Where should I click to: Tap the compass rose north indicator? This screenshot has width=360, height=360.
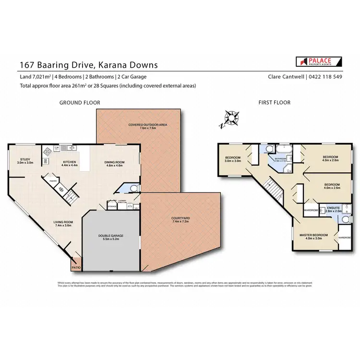tap(232, 118)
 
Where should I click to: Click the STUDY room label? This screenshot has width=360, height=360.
tap(25, 160)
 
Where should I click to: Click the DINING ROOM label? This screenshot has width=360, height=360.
tap(114, 162)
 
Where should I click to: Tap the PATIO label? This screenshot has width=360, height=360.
tap(75, 268)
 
